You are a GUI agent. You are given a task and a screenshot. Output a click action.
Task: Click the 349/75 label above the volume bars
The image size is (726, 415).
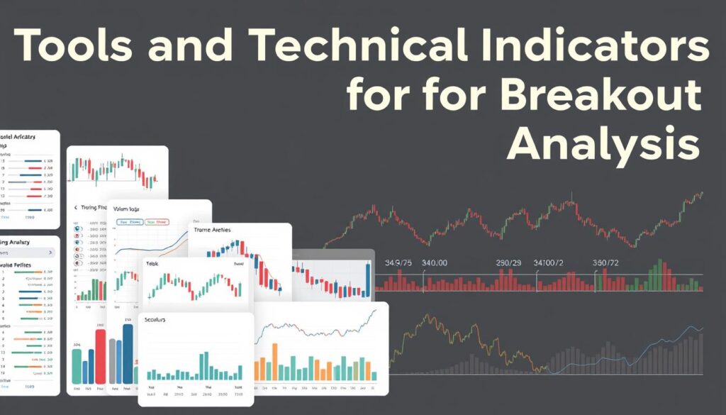coord(398,263)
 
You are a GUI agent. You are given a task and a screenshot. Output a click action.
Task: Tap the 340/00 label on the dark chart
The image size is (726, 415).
coord(435,263)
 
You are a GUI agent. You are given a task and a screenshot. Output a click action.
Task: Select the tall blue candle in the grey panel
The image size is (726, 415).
coord(368,280)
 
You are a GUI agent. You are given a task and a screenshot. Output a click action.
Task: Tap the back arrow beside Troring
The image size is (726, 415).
coord(76,209)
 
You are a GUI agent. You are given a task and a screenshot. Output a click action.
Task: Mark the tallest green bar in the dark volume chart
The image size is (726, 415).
coord(660,274)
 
